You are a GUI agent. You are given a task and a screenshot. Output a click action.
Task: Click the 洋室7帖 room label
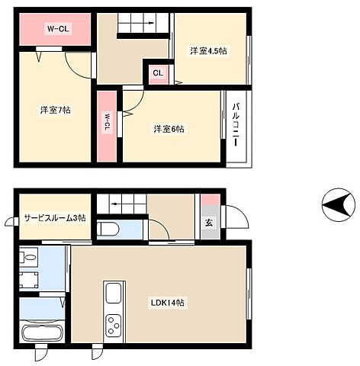pos(55,110)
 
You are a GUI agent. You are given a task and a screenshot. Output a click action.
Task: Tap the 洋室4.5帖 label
pos(208,51)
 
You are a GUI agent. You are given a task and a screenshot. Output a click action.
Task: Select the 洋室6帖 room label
pos(169,129)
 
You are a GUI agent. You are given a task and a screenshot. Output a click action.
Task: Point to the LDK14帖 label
pos(168,303)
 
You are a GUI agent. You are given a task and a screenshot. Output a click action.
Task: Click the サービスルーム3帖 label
pos(55,218)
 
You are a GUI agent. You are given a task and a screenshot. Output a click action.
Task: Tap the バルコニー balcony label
pos(236,124)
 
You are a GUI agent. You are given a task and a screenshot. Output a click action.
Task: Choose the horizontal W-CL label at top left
pos(58,29)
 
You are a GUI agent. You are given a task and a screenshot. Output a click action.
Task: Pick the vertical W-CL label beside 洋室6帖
pos(107,123)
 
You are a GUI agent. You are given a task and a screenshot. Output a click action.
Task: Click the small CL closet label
pos(158,73)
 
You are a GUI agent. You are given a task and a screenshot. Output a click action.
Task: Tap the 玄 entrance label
pos(209,223)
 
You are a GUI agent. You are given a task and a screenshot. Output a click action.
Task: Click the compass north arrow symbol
pos(338,205)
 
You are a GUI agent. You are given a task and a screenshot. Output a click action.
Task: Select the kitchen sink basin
pos(114,293)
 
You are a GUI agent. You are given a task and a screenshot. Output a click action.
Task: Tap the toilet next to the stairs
pos(108,229)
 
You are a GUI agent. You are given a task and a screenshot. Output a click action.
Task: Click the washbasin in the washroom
pos(29,256)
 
